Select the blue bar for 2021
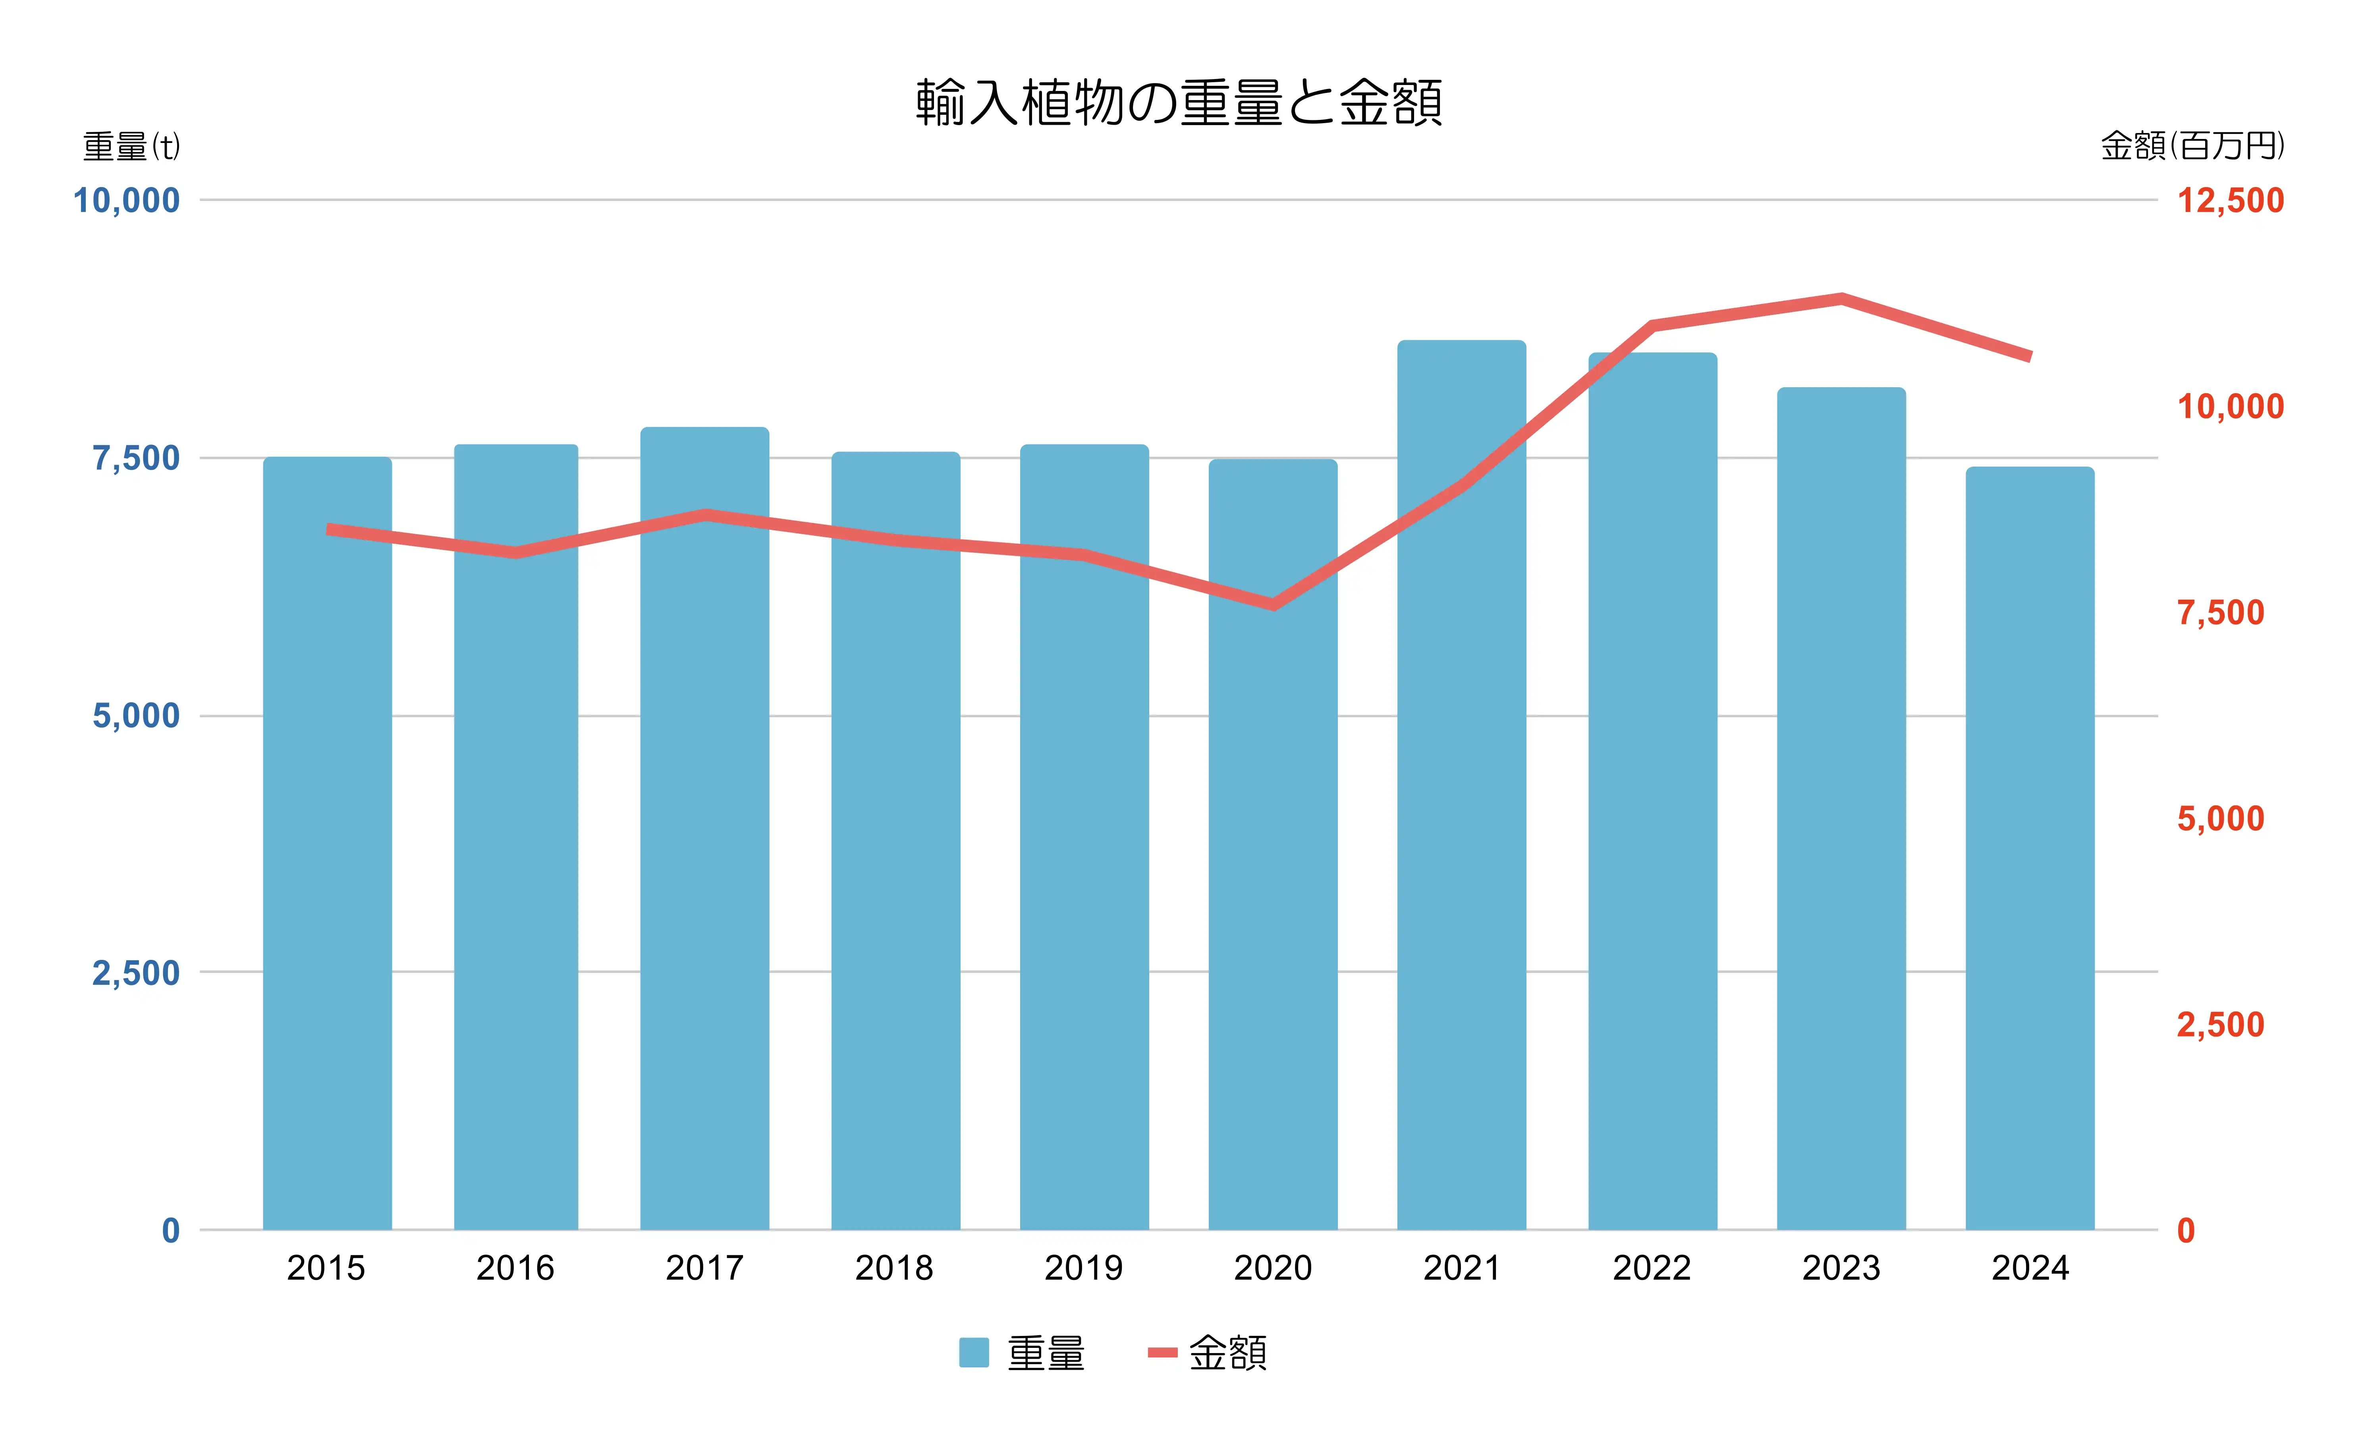tap(1461, 785)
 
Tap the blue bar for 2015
tap(327, 842)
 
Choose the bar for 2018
tap(896, 840)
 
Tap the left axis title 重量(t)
tap(131, 147)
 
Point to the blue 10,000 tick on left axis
tap(126, 201)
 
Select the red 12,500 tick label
tap(2230, 201)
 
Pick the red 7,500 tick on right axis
tap(2220, 612)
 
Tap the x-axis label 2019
tap(1083, 1268)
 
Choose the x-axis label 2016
tap(515, 1268)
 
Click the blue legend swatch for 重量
tap(973, 1352)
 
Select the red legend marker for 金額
tap(1162, 1352)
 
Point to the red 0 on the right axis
tap(2186, 1231)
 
